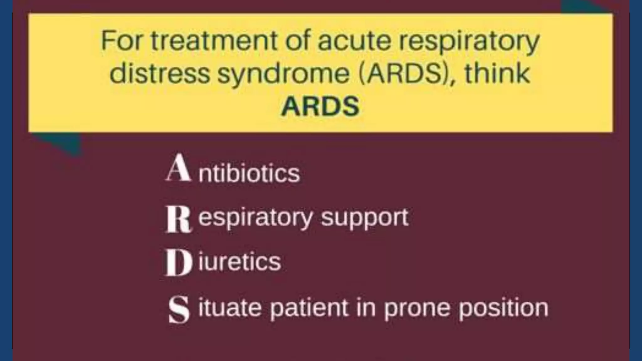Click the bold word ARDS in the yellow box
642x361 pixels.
pyautogui.click(x=320, y=106)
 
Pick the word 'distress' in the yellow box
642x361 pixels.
pyautogui.click(x=160, y=74)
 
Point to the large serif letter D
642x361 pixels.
pyautogui.click(x=178, y=264)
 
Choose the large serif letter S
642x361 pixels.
pyautogui.click(x=179, y=310)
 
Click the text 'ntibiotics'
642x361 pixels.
pyautogui.click(x=249, y=173)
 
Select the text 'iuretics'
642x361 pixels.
pyautogui.click(x=239, y=262)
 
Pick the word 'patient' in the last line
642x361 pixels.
pyautogui.click(x=309, y=308)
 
